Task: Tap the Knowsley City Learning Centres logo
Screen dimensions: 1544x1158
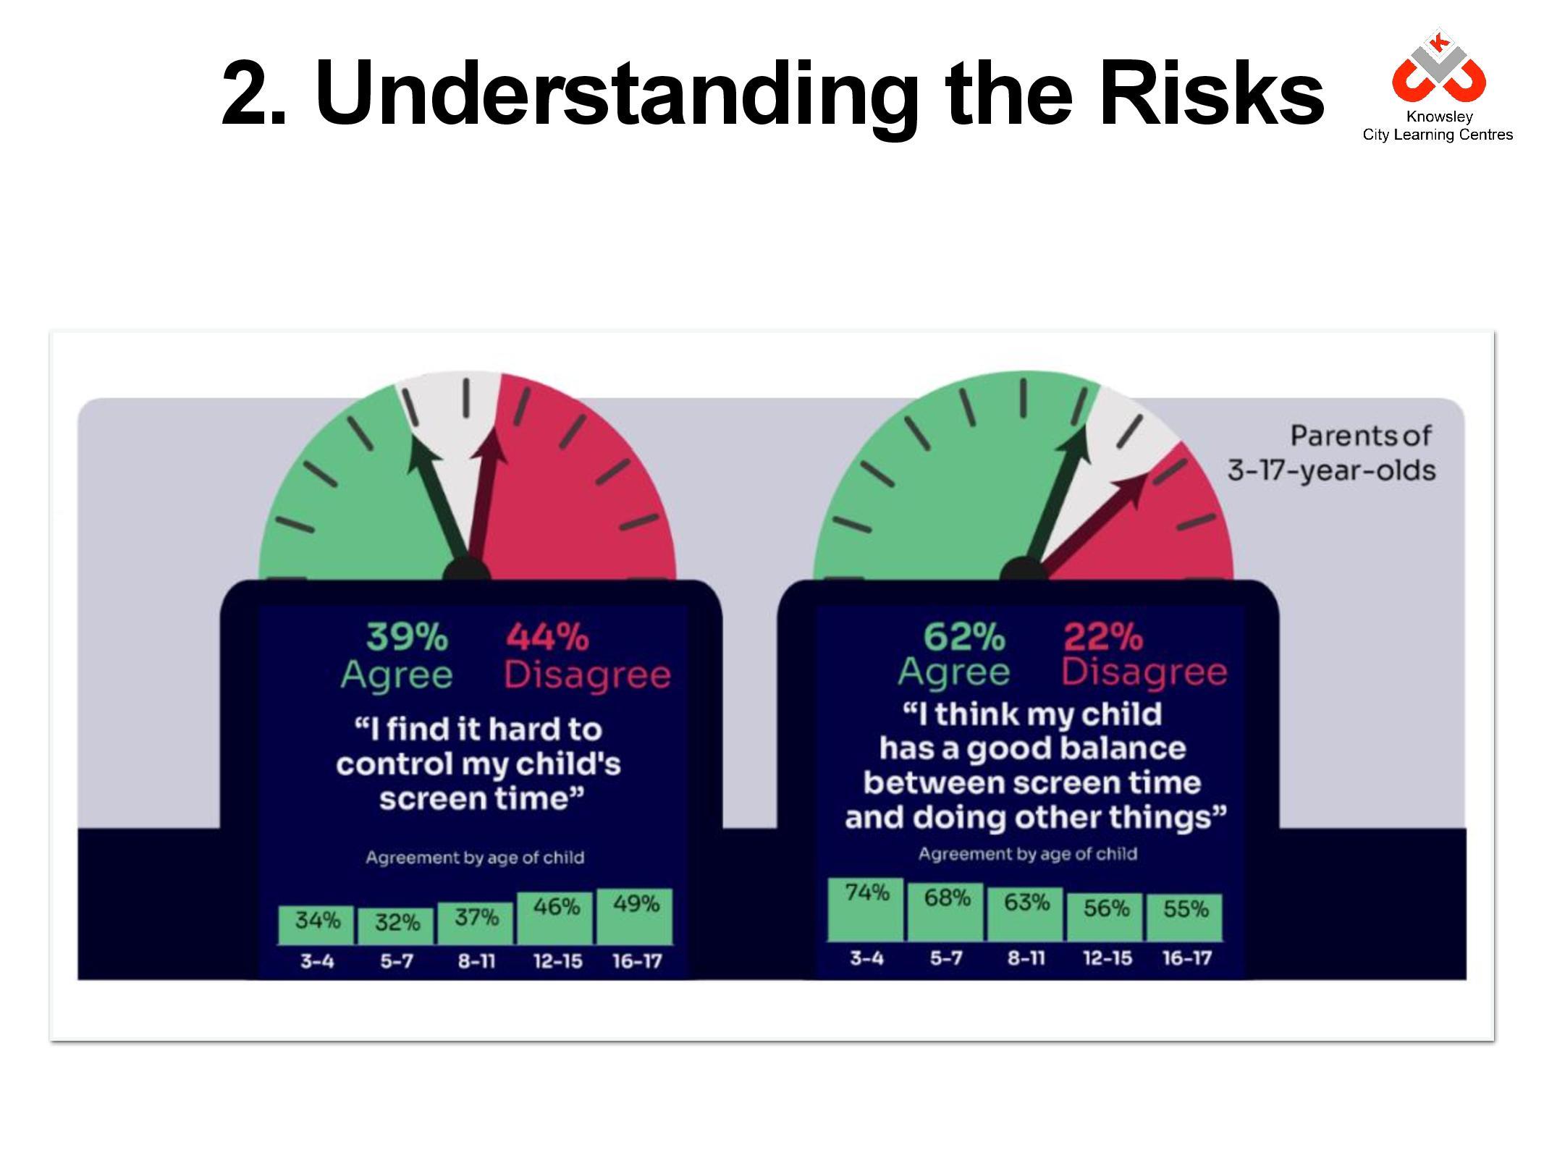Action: pyautogui.click(x=1438, y=87)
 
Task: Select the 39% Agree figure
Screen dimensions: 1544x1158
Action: pyautogui.click(x=397, y=656)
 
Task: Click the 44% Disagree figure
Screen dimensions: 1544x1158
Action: pyautogui.click(x=587, y=656)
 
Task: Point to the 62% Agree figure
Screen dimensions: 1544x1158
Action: pyautogui.click(x=954, y=654)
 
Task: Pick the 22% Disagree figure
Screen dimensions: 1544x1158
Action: pyautogui.click(x=1144, y=654)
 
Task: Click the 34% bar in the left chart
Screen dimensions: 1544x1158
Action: pyautogui.click(x=316, y=925)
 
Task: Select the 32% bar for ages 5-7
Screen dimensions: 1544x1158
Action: pyautogui.click(x=396, y=926)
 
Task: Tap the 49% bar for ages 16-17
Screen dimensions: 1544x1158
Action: pyautogui.click(x=635, y=916)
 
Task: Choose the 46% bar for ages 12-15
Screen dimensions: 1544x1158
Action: pyautogui.click(x=555, y=918)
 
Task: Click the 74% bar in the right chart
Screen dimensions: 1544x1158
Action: pyautogui.click(x=866, y=910)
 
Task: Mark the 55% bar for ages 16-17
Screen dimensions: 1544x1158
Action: pyautogui.click(x=1185, y=918)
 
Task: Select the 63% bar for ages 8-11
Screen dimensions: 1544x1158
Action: pyautogui.click(x=1026, y=914)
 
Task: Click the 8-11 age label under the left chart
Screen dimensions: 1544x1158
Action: pyautogui.click(x=476, y=962)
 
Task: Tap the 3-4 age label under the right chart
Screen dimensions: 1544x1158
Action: pyautogui.click(x=866, y=958)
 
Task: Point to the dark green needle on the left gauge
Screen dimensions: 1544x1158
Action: pyautogui.click(x=438, y=506)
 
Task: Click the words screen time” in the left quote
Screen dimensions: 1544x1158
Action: pyautogui.click(x=481, y=798)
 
